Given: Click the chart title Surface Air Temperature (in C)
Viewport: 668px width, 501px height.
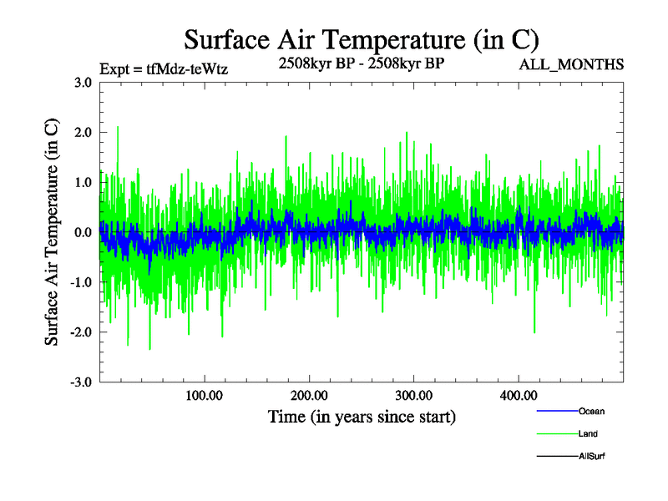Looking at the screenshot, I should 362,40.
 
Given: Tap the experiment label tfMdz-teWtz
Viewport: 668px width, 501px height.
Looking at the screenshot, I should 163,69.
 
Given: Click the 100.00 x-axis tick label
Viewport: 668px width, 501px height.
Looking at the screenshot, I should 204,396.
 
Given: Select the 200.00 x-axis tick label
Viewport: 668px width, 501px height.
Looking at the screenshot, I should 309,396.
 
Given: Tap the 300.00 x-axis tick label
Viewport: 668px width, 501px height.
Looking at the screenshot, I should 413,396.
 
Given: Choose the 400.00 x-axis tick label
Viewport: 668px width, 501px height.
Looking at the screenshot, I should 518,396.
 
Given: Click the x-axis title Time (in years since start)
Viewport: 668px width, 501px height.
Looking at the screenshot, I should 362,416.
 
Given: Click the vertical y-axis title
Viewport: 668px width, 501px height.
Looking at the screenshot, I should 52,232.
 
